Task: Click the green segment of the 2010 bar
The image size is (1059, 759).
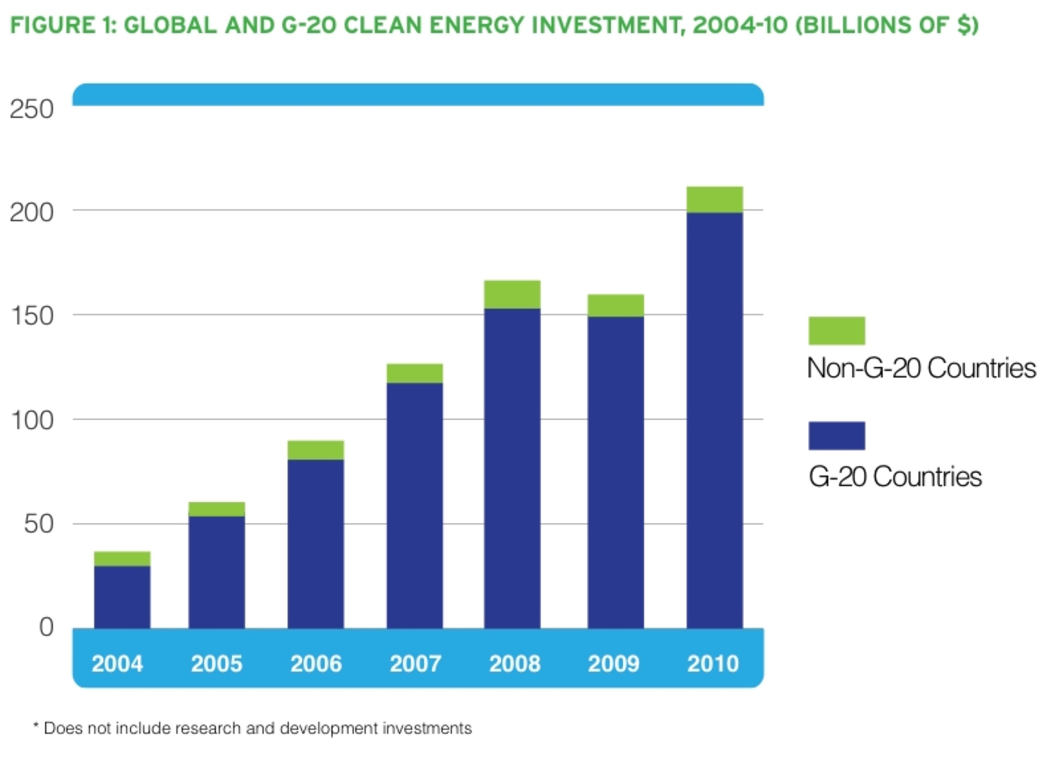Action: click(x=714, y=199)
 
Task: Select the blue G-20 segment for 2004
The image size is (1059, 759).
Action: click(x=122, y=597)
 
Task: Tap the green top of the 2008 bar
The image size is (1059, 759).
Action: click(x=512, y=294)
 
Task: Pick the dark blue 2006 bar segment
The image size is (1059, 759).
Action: click(x=316, y=544)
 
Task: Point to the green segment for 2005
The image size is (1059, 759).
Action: click(x=216, y=509)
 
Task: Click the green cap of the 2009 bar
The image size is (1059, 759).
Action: click(x=615, y=305)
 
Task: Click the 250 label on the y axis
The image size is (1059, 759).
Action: click(x=32, y=110)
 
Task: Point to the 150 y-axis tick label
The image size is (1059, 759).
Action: click(x=32, y=316)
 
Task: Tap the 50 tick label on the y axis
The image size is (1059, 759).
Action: click(x=39, y=524)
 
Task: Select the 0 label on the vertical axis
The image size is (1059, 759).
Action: click(x=46, y=627)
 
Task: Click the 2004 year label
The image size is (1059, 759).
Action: click(x=117, y=663)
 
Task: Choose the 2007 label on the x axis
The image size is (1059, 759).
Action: click(x=415, y=663)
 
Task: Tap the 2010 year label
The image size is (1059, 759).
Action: click(x=713, y=663)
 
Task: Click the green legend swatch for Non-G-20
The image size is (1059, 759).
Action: click(x=837, y=330)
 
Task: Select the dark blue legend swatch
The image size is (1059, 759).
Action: click(x=837, y=435)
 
